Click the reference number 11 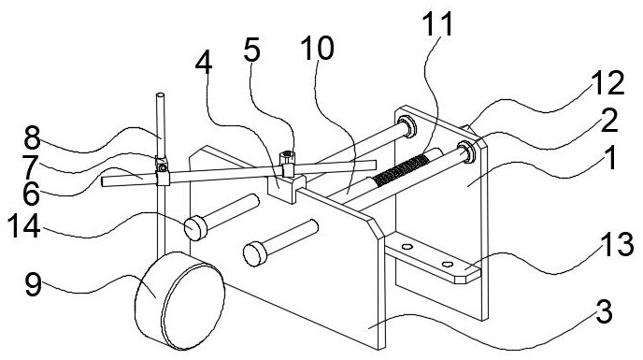(x=437, y=23)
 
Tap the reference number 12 (x=607, y=83)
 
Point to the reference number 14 (x=23, y=225)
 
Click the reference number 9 (x=34, y=284)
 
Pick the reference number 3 (x=604, y=312)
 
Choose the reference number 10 (x=317, y=48)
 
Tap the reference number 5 (x=251, y=50)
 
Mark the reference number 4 (x=204, y=64)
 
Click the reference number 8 (x=32, y=137)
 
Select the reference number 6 (x=31, y=194)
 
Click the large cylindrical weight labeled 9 (x=180, y=300)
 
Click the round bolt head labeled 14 (x=195, y=228)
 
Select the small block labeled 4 (x=286, y=188)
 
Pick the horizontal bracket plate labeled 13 (x=433, y=258)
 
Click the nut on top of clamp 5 (x=287, y=156)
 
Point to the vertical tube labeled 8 (x=161, y=126)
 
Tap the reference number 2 (x=609, y=122)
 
